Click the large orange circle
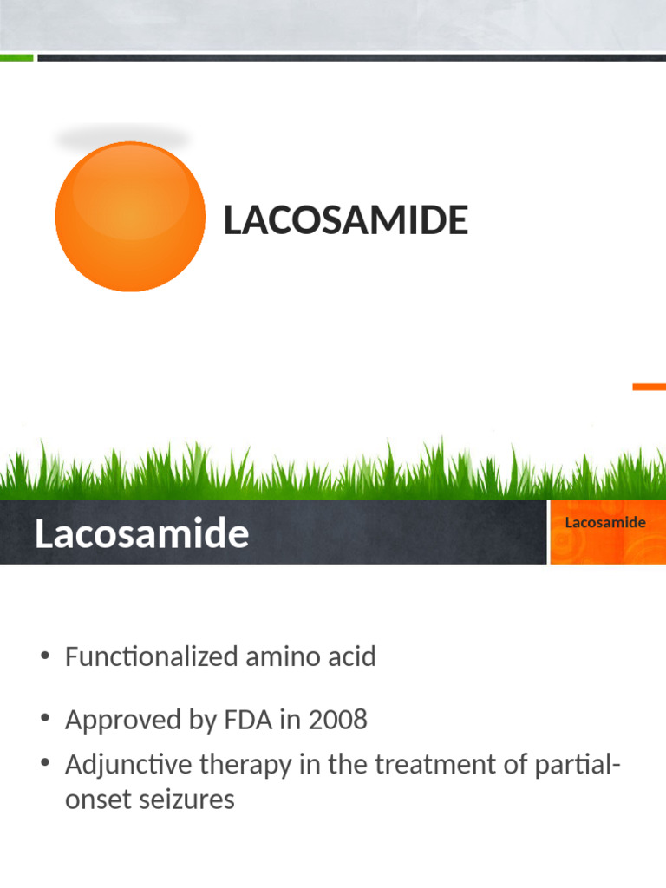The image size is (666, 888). [x=130, y=217]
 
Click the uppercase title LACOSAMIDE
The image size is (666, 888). [x=345, y=220]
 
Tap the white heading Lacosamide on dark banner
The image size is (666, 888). [x=141, y=534]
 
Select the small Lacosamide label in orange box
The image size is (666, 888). [x=605, y=522]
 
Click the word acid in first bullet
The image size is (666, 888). [x=345, y=656]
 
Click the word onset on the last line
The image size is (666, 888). [x=92, y=799]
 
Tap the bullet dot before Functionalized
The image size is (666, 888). [x=45, y=656]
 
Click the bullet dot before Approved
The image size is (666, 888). [x=45, y=719]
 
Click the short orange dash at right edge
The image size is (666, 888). [x=649, y=387]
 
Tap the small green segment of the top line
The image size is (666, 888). [x=16, y=58]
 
